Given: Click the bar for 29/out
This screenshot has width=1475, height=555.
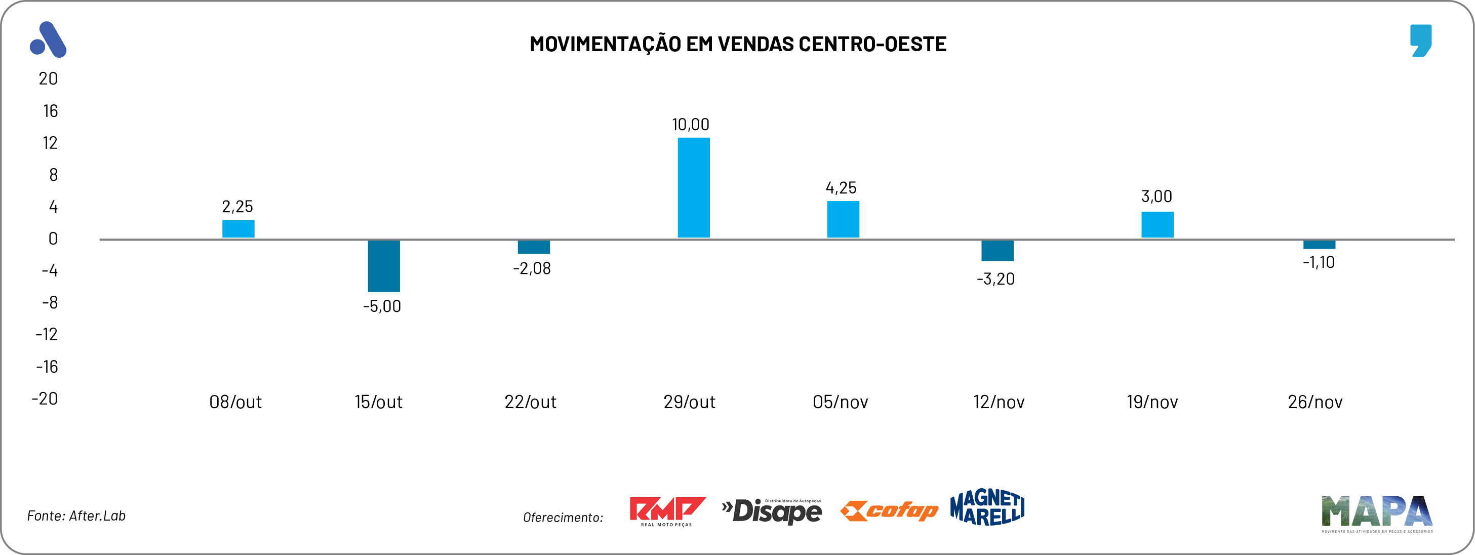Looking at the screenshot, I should pos(693,187).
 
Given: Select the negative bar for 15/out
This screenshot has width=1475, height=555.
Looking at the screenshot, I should pos(384,266).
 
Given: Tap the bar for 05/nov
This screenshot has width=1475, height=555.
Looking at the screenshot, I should pos(843,219).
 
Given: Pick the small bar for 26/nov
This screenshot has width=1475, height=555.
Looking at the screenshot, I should pos(1319,245).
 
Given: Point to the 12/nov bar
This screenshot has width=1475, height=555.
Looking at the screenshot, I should pos(998,251).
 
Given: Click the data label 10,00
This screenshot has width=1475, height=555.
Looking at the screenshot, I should pos(691,124).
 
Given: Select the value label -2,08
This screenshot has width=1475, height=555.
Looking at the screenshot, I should pos(531,268).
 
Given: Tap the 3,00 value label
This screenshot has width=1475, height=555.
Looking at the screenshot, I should pos(1157,196).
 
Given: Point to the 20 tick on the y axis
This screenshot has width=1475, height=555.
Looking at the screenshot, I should pos(48,78).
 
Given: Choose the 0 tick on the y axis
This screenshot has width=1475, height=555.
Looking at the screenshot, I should pos(53,239).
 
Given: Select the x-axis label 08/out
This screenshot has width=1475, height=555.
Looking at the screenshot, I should pos(235,402).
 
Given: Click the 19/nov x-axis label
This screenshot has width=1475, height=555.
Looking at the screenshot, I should pos(1152,402).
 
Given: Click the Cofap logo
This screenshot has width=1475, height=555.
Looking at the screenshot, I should pos(889,510).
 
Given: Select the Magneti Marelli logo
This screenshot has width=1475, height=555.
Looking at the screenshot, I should pos(987,507).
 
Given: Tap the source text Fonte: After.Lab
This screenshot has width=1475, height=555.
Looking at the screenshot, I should pos(76,516).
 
